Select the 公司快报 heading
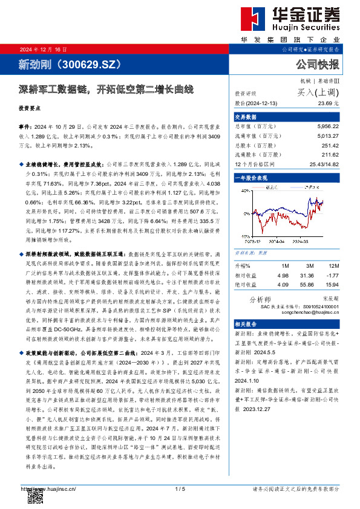point(318,63)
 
